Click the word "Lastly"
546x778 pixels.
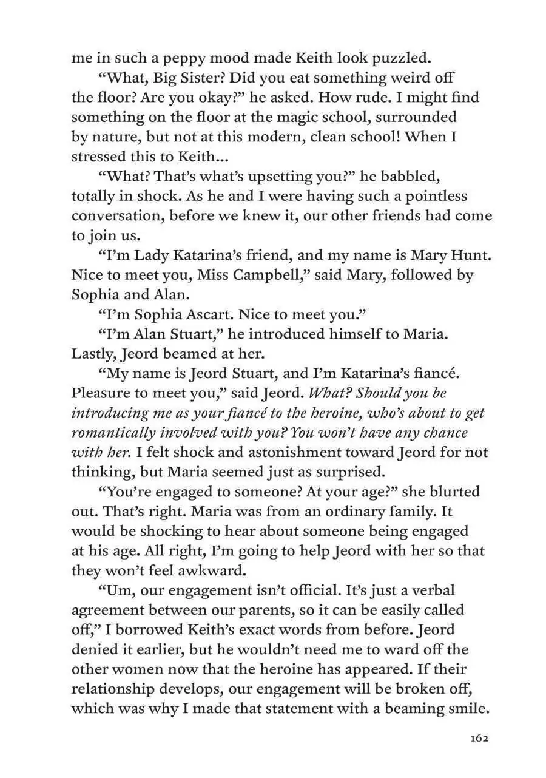click(x=92, y=353)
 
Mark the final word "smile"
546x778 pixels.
click(x=467, y=708)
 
